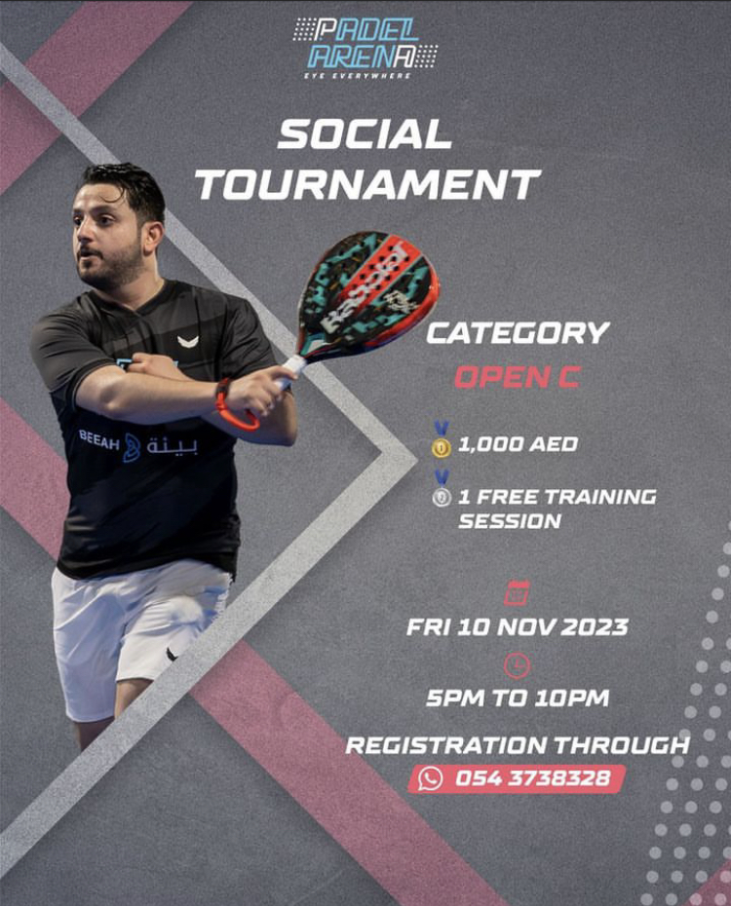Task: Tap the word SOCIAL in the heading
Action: (365, 134)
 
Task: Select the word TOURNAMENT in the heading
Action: (368, 184)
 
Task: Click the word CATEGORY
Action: (518, 333)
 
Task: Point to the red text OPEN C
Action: (517, 377)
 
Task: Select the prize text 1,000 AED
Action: (518, 444)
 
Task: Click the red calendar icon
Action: (517, 593)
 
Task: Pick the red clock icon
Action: (517, 665)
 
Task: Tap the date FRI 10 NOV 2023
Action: (518, 627)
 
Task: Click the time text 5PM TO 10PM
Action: (518, 698)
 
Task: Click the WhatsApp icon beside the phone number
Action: (430, 778)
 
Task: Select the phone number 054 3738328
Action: (532, 778)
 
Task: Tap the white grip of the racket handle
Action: (289, 371)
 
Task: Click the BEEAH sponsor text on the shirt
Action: (98, 441)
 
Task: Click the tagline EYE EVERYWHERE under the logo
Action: (358, 76)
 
